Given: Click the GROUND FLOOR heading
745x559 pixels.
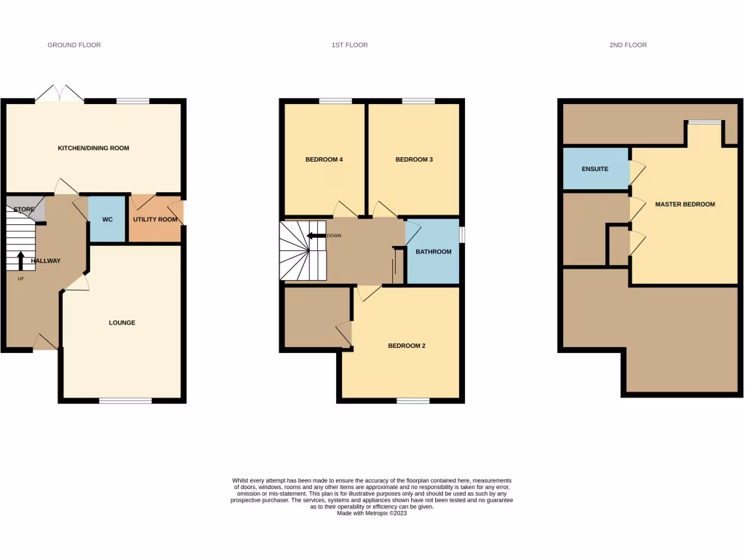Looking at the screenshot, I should pyautogui.click(x=74, y=45).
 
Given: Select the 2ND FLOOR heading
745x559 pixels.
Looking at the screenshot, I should pyautogui.click(x=628, y=45).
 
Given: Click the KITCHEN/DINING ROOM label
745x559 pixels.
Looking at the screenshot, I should pyautogui.click(x=93, y=148).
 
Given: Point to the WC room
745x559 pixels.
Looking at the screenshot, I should pyautogui.click(x=107, y=218).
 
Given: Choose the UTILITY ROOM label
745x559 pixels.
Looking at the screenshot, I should pyautogui.click(x=154, y=219).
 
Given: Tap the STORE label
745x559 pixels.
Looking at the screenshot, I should pyautogui.click(x=24, y=210).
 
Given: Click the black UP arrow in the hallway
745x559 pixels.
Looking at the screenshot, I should pyautogui.click(x=20, y=261).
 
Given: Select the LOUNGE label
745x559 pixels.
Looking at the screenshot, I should pyautogui.click(x=122, y=322).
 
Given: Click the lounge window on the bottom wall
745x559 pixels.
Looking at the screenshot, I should pyautogui.click(x=125, y=400).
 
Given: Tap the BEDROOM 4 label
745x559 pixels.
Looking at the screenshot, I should pyautogui.click(x=324, y=159).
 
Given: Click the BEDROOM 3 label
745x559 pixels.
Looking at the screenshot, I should pyautogui.click(x=414, y=159).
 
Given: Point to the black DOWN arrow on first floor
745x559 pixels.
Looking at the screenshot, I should pyautogui.click(x=316, y=236).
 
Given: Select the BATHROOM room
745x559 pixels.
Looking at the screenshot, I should pyautogui.click(x=433, y=252).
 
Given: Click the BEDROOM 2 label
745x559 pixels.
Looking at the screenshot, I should pyautogui.click(x=406, y=346).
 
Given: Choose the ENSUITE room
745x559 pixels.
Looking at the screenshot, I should pyautogui.click(x=595, y=169).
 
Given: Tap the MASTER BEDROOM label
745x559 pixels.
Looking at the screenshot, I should pyautogui.click(x=685, y=205).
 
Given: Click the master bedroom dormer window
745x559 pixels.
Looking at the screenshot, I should pyautogui.click(x=705, y=122).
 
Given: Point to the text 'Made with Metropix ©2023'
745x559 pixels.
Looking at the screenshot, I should pyautogui.click(x=372, y=513).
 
